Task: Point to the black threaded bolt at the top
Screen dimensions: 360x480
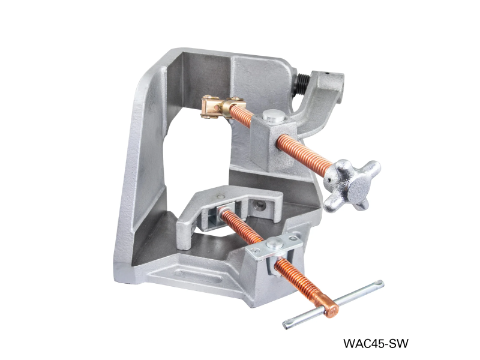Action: point(300,85)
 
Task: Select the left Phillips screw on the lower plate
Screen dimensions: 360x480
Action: point(257,251)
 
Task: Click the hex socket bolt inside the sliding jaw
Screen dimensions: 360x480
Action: point(259,206)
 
